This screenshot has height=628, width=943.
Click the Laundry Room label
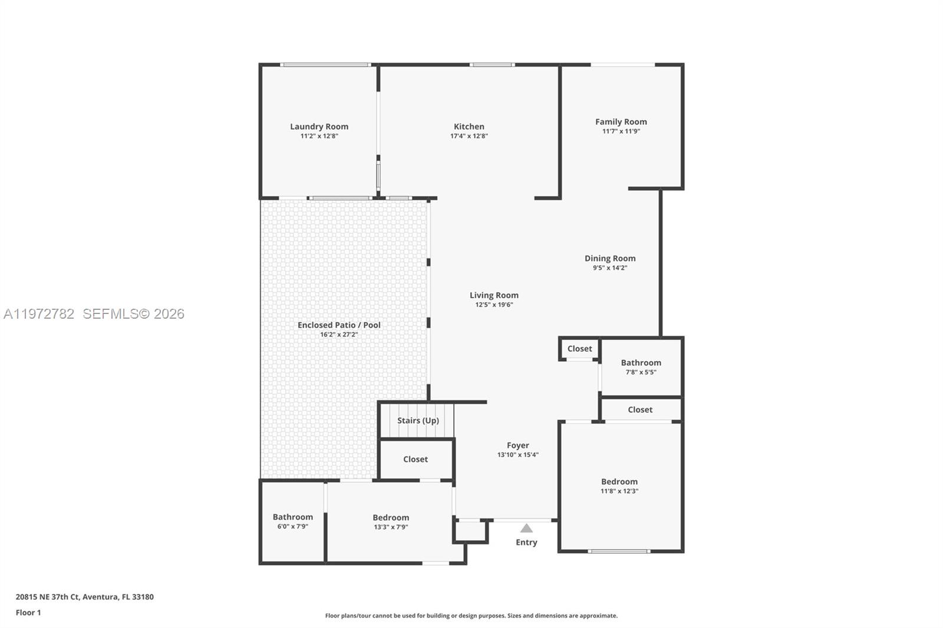[x=319, y=126]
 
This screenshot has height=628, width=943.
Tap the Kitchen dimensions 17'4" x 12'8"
[x=469, y=136]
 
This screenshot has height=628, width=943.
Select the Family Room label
[x=621, y=121]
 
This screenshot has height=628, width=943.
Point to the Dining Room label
[x=610, y=258]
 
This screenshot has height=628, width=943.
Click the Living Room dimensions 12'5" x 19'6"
[x=494, y=305]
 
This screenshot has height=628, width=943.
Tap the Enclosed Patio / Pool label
[x=339, y=325]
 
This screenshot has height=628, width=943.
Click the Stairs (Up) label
[x=418, y=420]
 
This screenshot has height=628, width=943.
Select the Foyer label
[x=517, y=445]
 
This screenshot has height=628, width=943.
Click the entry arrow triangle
[x=526, y=528]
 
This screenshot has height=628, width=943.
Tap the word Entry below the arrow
[x=526, y=542]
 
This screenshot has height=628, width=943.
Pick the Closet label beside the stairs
[x=416, y=459]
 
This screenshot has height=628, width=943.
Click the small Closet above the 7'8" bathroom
[x=579, y=349]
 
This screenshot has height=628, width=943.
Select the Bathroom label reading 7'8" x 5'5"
[x=641, y=363]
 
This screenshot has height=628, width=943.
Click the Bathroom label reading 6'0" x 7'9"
[x=293, y=517]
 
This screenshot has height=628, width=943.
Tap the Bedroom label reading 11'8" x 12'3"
[x=619, y=481]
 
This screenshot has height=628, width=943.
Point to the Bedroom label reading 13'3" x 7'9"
[x=391, y=517]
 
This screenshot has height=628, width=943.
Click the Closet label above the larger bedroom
[x=640, y=409]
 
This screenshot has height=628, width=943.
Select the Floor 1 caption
[x=28, y=613]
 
